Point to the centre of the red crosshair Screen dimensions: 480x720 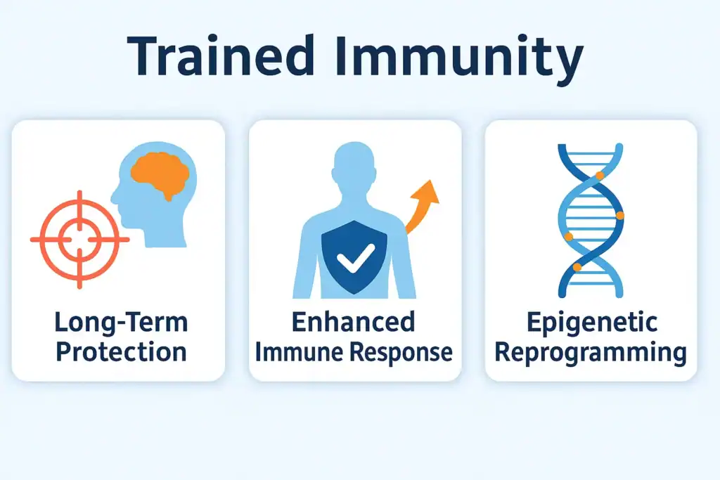[x=79, y=240]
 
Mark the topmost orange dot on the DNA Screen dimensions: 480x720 [x=600, y=175]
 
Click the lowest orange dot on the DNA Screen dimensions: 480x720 [x=577, y=267]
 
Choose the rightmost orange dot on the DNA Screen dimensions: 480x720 [x=619, y=216]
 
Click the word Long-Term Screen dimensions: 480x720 [x=121, y=324]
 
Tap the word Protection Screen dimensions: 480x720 [x=121, y=351]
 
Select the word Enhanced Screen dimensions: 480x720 [x=353, y=323]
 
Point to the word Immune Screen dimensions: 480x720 [x=295, y=351]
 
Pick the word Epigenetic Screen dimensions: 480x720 [x=591, y=324]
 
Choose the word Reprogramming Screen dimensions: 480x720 [x=591, y=353]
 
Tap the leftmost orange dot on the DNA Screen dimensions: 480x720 [x=568, y=236]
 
